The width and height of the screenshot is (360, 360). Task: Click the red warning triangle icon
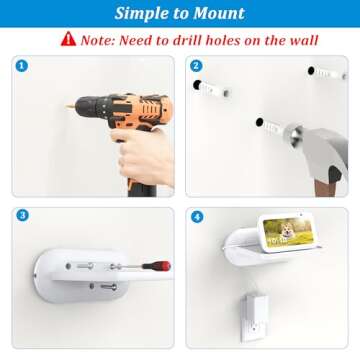pos(68,39)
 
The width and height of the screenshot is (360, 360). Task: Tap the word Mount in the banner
pos(219,13)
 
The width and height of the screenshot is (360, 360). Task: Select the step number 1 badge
pos(22,66)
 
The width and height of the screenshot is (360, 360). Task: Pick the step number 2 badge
pos(196,66)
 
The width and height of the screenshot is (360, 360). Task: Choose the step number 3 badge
pos(22,216)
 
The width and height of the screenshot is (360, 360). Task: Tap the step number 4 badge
pos(197,217)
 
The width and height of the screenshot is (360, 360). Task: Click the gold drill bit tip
pos(69,107)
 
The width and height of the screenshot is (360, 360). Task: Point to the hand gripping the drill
pos(144,154)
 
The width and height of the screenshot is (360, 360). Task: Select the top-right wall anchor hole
pos(311,71)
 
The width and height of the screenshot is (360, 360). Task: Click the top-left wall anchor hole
pos(197,85)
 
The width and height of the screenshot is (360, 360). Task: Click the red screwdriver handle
pos(157,266)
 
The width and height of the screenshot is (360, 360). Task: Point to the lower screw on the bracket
pos(108,286)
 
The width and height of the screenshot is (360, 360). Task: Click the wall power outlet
pos(254,319)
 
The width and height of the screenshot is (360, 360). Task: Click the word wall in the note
pos(303,40)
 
